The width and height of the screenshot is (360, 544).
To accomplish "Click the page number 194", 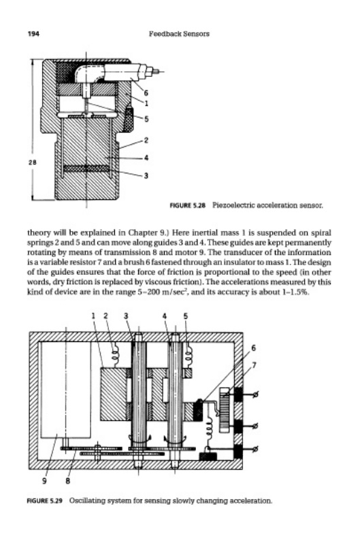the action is (x=33, y=34).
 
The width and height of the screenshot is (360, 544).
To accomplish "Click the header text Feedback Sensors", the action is (x=179, y=34).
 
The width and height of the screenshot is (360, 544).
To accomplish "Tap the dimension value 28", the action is (x=31, y=162).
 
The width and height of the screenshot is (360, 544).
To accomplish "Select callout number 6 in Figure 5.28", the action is (x=146, y=93).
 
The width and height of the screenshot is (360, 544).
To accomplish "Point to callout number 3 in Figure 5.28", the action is (x=146, y=176).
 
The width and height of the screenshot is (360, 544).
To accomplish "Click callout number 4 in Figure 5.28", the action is (x=146, y=158).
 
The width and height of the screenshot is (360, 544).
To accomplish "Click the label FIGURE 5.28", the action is (x=187, y=205).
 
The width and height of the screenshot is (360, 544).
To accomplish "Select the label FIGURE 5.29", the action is (x=45, y=500).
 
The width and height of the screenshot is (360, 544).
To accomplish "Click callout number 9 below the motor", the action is (x=44, y=481).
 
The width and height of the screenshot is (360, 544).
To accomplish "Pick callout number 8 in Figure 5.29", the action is (x=67, y=481).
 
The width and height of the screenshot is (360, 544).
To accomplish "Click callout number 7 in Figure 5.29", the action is (x=254, y=365).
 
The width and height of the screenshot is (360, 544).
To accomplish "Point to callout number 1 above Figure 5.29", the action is (x=93, y=316).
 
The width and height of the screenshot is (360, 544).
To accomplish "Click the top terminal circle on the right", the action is (x=256, y=394).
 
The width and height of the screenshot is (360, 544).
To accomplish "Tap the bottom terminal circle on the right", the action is (x=256, y=449).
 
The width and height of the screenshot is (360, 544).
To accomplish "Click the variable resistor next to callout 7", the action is (x=225, y=410).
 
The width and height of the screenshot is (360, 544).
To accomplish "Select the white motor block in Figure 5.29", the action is (x=66, y=390).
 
